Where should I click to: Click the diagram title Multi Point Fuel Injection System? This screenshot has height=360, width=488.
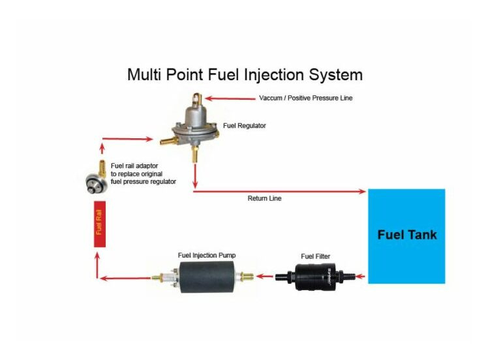pyautogui.click(x=245, y=74)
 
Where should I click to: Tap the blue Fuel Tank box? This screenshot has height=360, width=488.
pyautogui.click(x=406, y=235)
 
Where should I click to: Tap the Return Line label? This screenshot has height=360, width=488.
pyautogui.click(x=264, y=198)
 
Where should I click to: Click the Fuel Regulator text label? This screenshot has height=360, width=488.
pyautogui.click(x=245, y=125)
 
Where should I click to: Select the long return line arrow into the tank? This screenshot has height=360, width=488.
pyautogui.click(x=281, y=191)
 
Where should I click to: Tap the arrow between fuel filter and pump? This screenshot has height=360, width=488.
pyautogui.click(x=264, y=277)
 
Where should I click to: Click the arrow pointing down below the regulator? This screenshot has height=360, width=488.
pyautogui.click(x=194, y=175)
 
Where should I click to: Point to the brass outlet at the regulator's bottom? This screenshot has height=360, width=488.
pyautogui.click(x=194, y=154)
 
